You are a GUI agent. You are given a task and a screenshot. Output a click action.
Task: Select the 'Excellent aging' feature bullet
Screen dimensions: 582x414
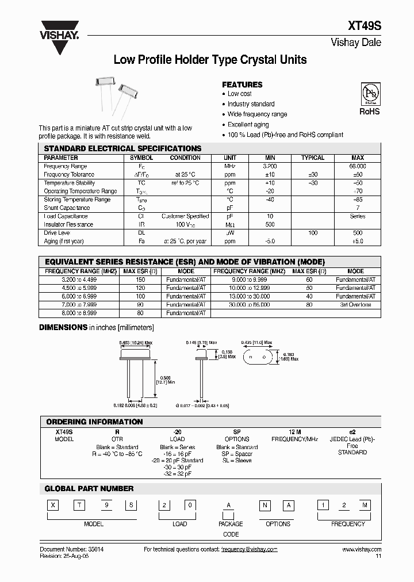248,125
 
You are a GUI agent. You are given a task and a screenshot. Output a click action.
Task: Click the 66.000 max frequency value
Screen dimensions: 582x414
357,166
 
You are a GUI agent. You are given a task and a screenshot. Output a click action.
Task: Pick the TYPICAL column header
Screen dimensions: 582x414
313,158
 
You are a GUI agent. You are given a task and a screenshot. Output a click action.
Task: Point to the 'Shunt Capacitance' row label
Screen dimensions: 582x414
67,208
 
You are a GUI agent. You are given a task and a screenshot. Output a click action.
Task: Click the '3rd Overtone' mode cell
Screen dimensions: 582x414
356,305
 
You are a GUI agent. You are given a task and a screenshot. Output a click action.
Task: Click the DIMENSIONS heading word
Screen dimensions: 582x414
63,327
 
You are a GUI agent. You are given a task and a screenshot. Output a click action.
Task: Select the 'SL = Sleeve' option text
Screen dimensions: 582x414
237,461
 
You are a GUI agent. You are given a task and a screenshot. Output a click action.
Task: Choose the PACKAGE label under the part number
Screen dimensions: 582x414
231,524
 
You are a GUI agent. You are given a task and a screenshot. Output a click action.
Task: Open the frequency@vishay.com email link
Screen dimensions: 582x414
249,549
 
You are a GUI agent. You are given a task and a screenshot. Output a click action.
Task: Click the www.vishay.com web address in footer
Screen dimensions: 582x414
362,549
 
